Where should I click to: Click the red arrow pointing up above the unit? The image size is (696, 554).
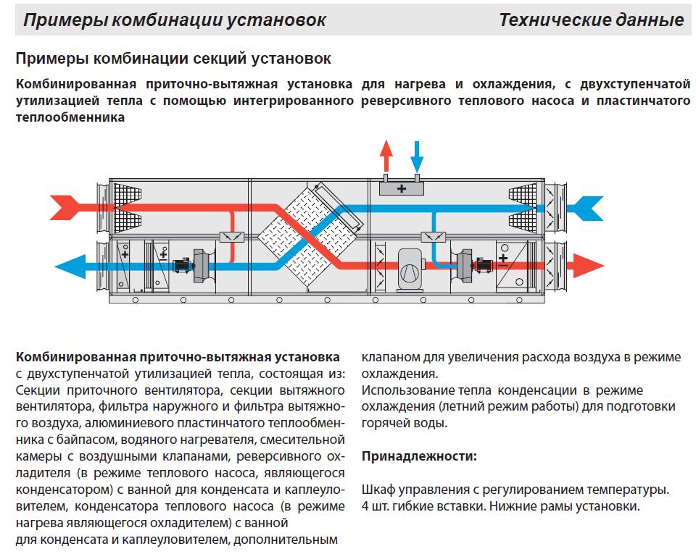[386, 156]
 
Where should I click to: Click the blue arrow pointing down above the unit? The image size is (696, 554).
[417, 156]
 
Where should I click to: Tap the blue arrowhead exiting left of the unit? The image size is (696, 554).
[71, 266]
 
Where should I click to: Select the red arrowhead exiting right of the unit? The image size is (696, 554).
[589, 266]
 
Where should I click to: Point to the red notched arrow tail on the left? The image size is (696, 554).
[65, 207]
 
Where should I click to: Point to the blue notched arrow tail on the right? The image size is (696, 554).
[587, 208]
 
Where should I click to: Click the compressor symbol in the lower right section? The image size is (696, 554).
[410, 269]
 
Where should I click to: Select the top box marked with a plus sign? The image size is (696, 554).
[401, 188]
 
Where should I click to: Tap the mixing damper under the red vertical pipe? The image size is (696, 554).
[232, 237]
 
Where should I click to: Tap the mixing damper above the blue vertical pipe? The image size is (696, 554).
[434, 237]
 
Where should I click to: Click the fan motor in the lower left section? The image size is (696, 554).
[183, 266]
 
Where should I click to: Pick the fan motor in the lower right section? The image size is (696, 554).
[483, 265]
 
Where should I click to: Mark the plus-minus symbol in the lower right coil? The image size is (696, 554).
[503, 260]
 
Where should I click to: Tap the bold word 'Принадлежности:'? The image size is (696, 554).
[419, 456]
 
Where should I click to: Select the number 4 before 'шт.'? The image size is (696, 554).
[365, 506]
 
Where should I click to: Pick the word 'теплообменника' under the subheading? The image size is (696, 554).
[70, 117]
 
